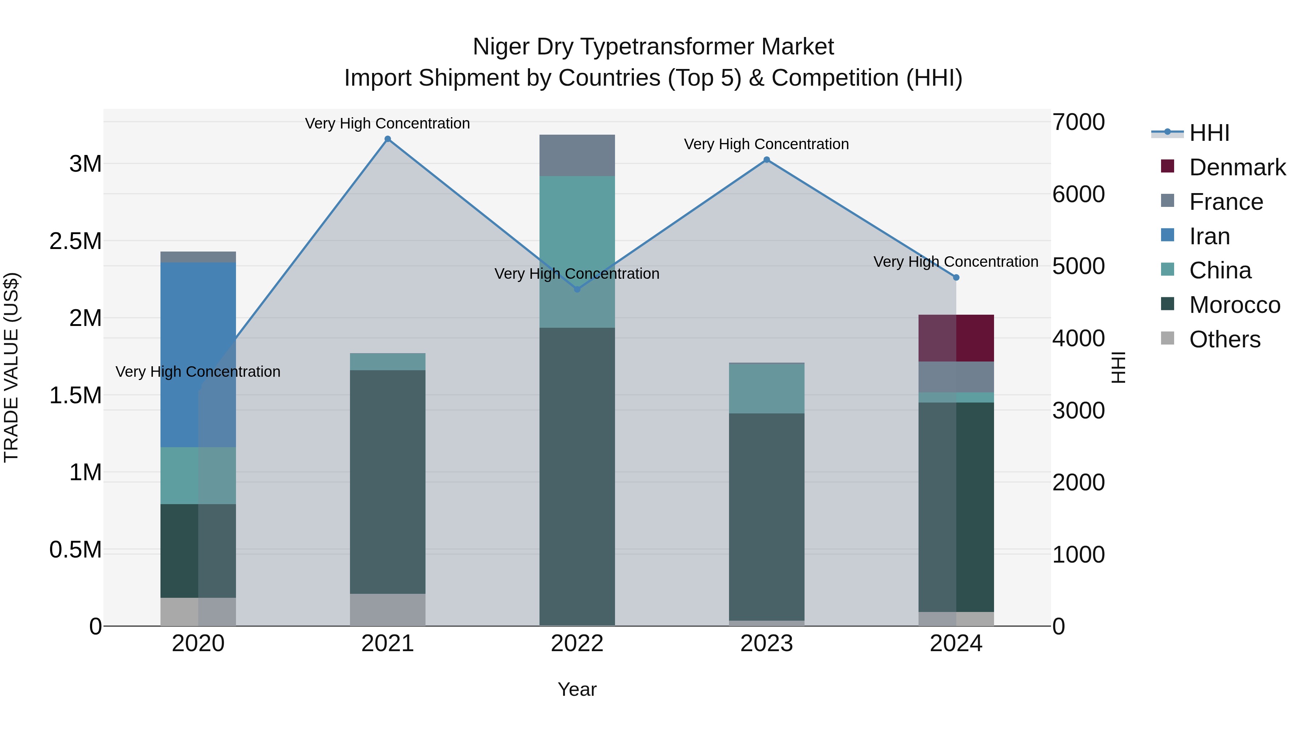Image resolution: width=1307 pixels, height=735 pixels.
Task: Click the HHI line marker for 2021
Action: [388, 139]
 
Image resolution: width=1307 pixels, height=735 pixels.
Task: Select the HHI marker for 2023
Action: [767, 160]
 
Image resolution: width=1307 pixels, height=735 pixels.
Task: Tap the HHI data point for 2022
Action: [577, 289]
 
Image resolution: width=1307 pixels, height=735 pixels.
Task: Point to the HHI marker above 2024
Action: [956, 277]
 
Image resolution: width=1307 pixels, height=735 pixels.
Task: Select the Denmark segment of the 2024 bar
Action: [956, 338]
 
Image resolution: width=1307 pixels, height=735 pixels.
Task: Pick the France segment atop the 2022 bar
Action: [577, 155]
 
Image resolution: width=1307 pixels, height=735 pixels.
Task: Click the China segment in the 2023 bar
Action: [767, 388]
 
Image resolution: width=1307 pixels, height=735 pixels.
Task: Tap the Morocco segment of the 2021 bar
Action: [388, 482]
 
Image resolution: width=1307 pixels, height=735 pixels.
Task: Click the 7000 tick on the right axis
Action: [1078, 122]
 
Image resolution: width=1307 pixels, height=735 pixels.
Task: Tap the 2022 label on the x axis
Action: [577, 644]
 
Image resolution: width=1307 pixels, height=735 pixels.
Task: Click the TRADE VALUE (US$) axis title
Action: [11, 367]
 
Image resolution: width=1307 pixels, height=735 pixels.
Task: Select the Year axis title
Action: [577, 689]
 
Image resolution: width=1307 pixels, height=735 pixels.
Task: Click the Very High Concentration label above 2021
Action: [388, 123]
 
